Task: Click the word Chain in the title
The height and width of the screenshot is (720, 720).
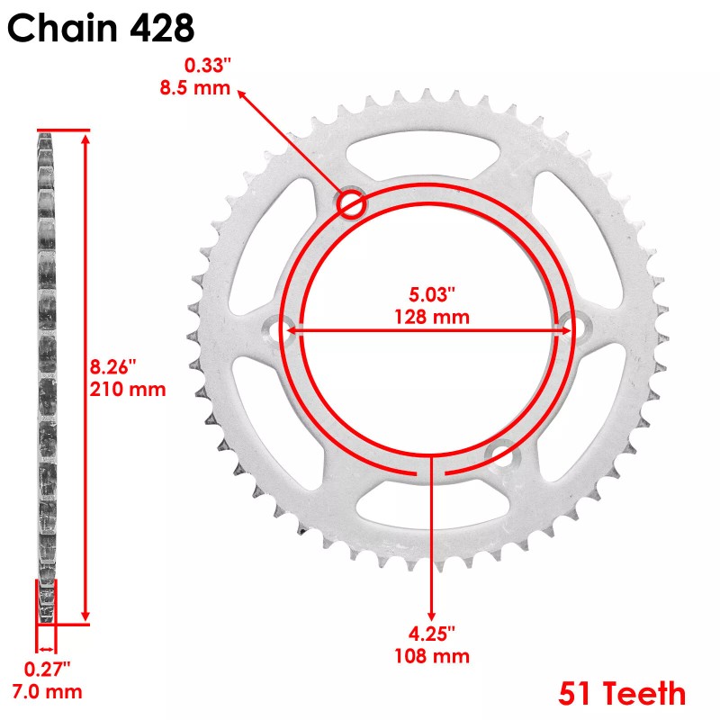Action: pos(63,28)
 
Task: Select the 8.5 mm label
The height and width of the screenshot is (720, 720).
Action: pos(208,88)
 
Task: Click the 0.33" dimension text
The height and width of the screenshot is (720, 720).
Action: pos(207,66)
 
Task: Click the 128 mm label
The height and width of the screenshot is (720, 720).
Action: pos(432,317)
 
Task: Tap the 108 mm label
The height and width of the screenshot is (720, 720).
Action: pos(432,656)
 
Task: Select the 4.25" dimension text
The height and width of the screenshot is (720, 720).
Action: pos(432,634)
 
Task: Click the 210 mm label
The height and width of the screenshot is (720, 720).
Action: pos(129,390)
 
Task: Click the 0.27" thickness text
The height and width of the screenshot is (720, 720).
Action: pos(48,669)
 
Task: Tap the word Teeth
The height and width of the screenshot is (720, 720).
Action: pos(645,694)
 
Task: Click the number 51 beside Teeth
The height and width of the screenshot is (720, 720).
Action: pos(577,694)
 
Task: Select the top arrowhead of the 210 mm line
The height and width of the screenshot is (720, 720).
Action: pos(85,137)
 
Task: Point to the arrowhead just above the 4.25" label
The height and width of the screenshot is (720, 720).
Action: pos(432,616)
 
